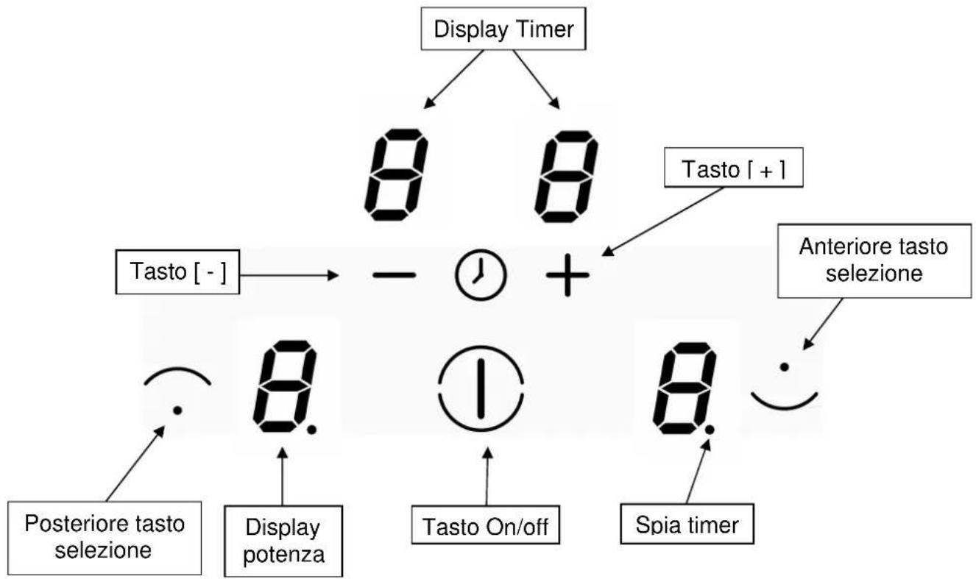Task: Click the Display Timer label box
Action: tap(503, 28)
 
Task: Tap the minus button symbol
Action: tap(395, 275)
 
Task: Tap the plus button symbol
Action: tap(567, 275)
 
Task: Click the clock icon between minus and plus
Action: tap(481, 275)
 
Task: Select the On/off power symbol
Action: tap(481, 388)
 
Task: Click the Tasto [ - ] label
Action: tap(178, 272)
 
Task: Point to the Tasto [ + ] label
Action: tap(734, 168)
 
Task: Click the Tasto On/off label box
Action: tap(485, 525)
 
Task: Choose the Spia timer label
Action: tap(687, 524)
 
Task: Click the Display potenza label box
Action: tap(283, 541)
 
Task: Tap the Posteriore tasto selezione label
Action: tap(105, 538)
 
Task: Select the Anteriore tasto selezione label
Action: tap(874, 261)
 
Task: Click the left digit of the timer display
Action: tap(397, 174)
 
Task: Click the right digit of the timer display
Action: tap(567, 176)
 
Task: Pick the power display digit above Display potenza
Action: tap(285, 386)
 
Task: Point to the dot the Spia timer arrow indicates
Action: tap(710, 430)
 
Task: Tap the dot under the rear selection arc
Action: tap(177, 411)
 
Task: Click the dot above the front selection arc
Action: tap(785, 367)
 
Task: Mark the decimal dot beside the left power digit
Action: tap(311, 430)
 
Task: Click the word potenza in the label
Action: tap(283, 555)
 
